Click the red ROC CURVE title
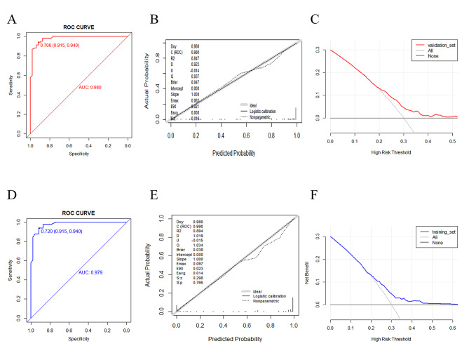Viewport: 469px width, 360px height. click(x=77, y=28)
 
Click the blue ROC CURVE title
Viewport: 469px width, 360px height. click(x=77, y=214)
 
